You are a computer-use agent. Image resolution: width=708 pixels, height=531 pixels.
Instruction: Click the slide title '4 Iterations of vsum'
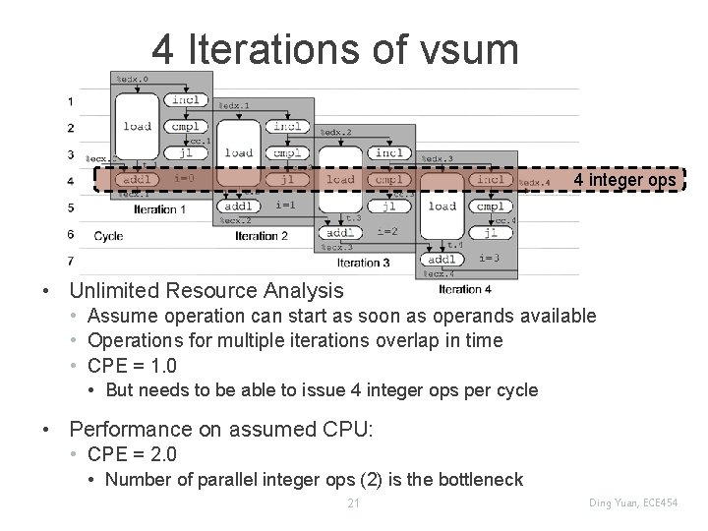[x=334, y=48]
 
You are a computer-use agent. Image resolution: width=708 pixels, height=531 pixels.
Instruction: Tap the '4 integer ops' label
[x=624, y=181]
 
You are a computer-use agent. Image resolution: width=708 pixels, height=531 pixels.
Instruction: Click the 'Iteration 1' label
[x=159, y=209]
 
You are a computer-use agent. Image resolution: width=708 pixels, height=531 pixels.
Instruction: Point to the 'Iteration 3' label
[x=363, y=263]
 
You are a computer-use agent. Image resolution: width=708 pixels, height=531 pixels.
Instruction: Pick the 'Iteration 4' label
[x=465, y=289]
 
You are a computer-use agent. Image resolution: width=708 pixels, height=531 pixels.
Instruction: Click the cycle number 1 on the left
[x=70, y=101]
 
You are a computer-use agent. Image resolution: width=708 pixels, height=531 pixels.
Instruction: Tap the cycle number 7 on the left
[x=70, y=261]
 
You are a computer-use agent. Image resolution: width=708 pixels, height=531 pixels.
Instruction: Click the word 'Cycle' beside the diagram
[x=108, y=236]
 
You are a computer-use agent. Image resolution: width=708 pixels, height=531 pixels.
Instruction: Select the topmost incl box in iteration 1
[x=186, y=99]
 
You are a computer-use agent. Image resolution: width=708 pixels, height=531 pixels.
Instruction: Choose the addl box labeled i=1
[x=241, y=206]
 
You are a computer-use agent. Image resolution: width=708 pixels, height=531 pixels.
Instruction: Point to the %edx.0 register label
[x=133, y=79]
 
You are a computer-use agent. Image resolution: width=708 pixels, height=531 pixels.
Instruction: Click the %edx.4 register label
[x=534, y=183]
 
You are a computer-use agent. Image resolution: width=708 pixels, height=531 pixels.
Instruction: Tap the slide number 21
[x=354, y=503]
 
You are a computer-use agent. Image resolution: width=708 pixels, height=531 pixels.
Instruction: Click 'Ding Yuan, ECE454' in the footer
[x=631, y=503]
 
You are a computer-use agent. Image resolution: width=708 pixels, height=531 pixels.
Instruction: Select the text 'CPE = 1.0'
[x=133, y=366]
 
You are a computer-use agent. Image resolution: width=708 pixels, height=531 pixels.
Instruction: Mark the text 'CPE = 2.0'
[x=133, y=455]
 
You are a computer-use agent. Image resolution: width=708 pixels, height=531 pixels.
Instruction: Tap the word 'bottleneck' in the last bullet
[x=479, y=480]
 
